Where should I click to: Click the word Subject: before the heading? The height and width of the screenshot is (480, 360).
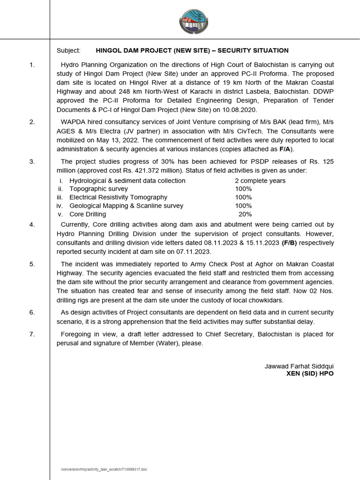[x=68, y=50]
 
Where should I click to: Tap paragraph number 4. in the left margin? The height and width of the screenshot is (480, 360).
[x=32, y=225]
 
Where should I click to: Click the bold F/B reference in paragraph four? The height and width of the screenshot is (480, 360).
[x=289, y=242]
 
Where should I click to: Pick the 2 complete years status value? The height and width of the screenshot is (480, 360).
[x=260, y=180]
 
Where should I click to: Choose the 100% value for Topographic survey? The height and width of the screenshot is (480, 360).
[x=243, y=189]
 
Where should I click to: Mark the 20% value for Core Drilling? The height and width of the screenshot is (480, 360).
[x=245, y=214]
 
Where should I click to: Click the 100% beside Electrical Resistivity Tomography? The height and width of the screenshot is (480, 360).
[x=243, y=197]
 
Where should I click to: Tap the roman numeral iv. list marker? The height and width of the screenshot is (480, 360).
[x=60, y=206]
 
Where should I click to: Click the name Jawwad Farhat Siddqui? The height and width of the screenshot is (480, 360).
[x=299, y=366]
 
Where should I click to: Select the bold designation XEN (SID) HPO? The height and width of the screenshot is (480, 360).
[x=310, y=374]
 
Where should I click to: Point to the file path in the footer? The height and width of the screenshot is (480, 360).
[x=104, y=469]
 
